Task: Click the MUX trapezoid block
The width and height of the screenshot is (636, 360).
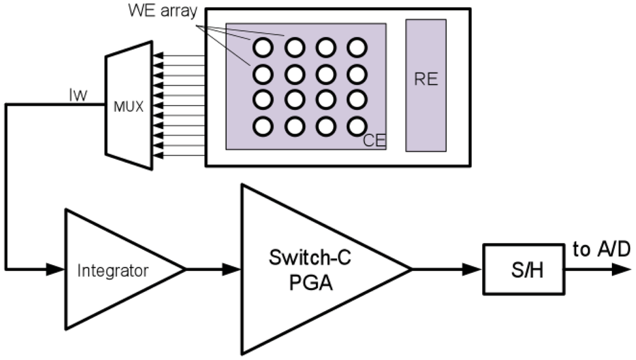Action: tap(129, 106)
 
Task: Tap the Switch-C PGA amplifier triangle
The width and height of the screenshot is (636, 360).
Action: tap(305, 270)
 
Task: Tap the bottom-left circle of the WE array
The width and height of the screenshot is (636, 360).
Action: tap(263, 127)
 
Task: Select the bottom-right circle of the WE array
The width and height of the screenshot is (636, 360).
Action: tap(357, 127)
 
